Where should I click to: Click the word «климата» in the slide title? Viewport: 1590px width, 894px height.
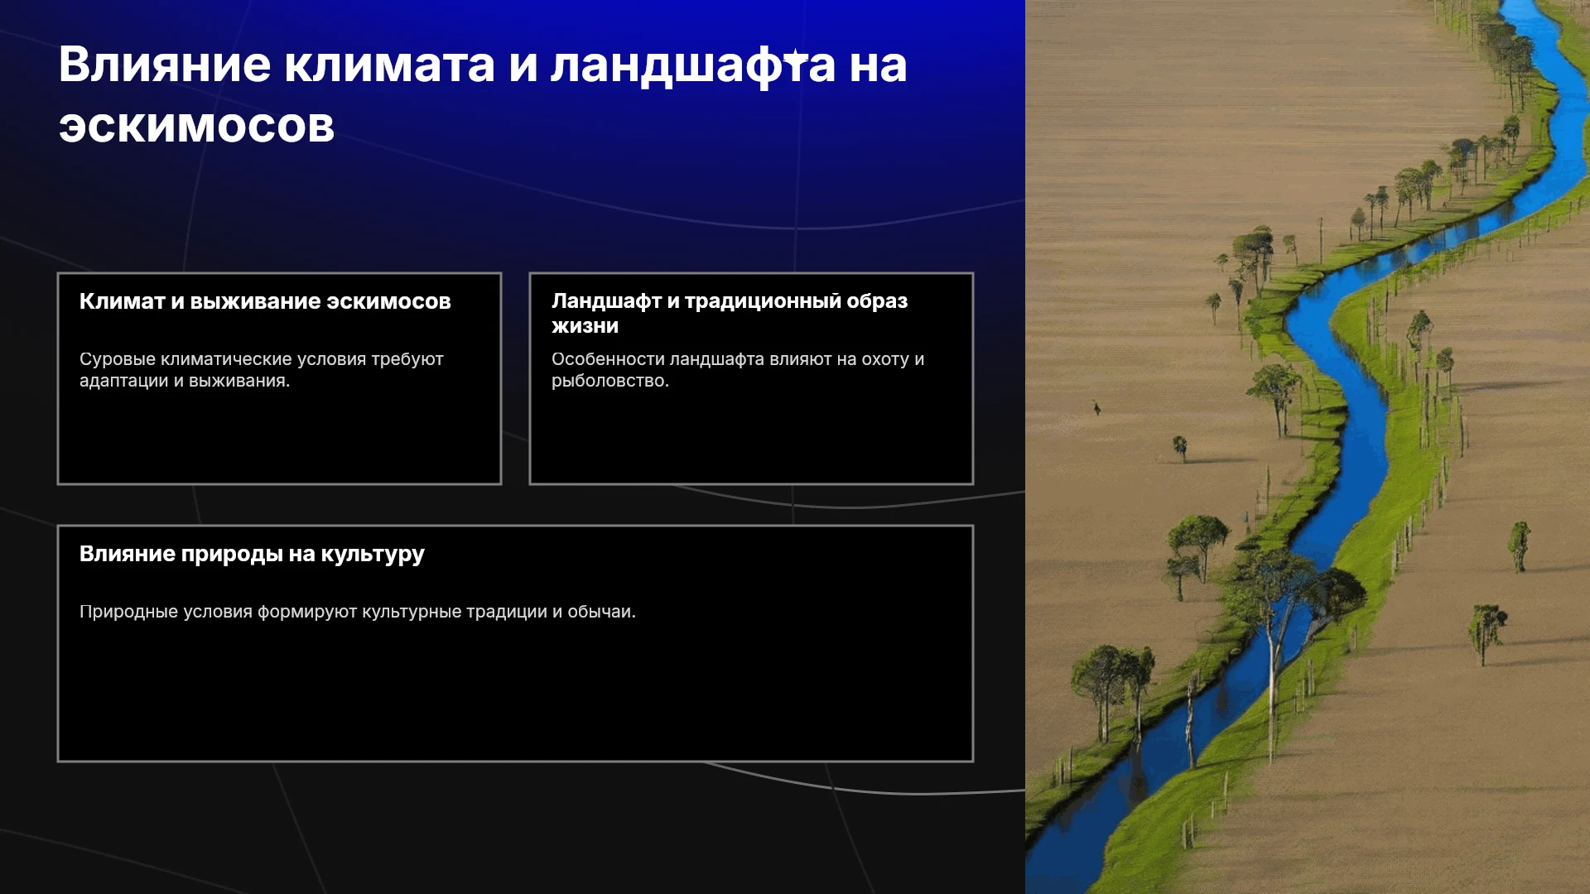click(x=389, y=65)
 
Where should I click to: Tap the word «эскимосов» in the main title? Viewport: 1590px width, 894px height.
click(x=197, y=127)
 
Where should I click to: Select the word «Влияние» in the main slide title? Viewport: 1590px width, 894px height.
click(x=165, y=65)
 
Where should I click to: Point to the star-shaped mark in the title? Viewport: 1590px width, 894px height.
click(x=795, y=58)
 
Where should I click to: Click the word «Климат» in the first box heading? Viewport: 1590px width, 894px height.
click(x=123, y=301)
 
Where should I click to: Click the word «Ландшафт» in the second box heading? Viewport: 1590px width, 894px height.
click(x=606, y=301)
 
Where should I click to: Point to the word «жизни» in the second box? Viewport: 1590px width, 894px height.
click(x=585, y=326)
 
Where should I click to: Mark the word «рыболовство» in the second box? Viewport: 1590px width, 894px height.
click(x=607, y=381)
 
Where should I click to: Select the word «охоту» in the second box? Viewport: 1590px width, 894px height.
click(x=885, y=359)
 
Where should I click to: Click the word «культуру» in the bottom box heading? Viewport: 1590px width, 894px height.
click(x=373, y=554)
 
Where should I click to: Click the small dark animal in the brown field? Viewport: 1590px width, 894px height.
click(x=1096, y=407)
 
